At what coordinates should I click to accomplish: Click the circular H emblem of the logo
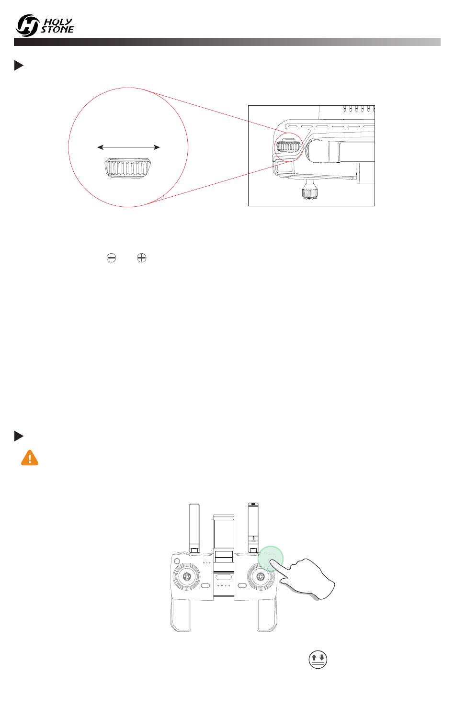[x=27, y=25]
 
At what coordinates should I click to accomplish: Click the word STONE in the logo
[x=57, y=29]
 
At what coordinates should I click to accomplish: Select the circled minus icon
[x=111, y=258]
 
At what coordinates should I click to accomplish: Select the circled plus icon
[x=141, y=258]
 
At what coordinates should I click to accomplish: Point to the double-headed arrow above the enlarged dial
[x=128, y=147]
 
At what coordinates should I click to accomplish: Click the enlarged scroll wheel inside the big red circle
[x=127, y=168]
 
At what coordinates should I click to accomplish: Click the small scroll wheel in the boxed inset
[x=288, y=146]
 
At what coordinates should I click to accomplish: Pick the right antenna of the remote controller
[x=253, y=527]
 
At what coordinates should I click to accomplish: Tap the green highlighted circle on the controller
[x=271, y=559]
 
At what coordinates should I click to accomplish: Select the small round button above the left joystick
[x=177, y=561]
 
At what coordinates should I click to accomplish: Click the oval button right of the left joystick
[x=205, y=586]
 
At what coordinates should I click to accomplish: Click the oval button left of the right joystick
[x=242, y=586]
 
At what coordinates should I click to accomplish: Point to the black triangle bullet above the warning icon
[x=19, y=436]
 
